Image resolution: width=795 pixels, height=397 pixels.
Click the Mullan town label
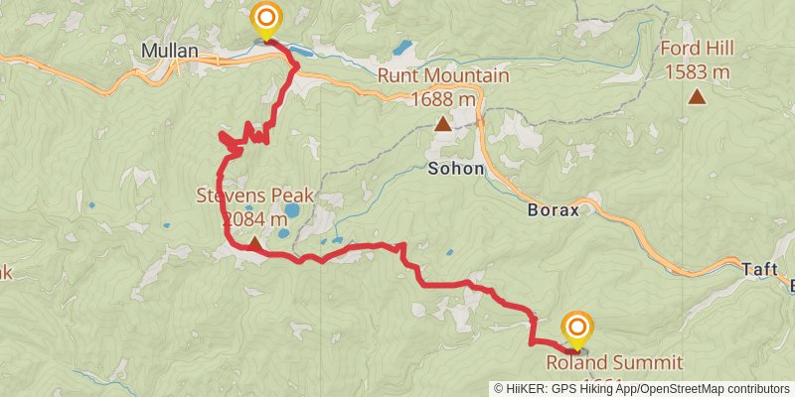(170, 50)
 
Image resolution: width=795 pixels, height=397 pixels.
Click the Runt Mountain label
(443, 75)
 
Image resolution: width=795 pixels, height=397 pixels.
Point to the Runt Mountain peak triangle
(442, 124)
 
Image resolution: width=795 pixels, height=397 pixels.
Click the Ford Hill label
(698, 50)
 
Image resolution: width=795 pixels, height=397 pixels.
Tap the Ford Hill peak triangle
(698, 96)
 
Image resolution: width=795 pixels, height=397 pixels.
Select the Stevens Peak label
(255, 196)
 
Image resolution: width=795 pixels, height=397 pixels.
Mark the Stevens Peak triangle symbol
(255, 242)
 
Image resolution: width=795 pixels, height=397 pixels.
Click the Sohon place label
(456, 169)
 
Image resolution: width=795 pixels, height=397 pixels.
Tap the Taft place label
(760, 268)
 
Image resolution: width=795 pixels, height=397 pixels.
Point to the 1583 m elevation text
(698, 71)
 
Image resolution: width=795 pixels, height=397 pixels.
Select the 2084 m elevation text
(255, 218)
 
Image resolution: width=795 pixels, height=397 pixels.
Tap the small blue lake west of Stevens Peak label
(91, 205)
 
